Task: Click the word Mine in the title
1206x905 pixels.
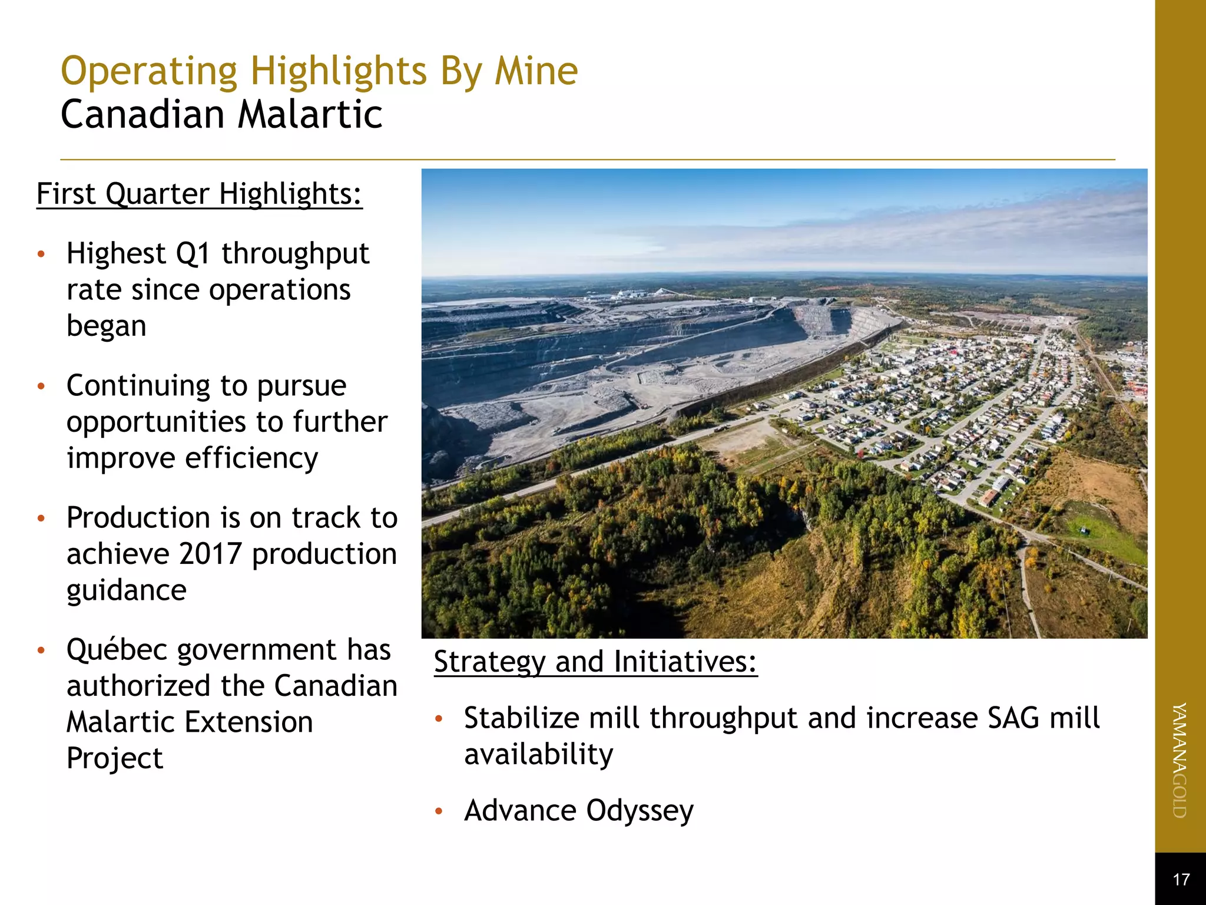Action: [x=536, y=71]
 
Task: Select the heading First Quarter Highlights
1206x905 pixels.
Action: [x=199, y=194]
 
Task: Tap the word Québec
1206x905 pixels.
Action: [x=117, y=650]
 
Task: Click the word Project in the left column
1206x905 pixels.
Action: [x=114, y=759]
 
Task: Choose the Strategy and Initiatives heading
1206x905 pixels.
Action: [x=595, y=662]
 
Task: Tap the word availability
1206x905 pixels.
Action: [x=538, y=755]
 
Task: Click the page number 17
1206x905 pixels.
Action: [x=1181, y=880]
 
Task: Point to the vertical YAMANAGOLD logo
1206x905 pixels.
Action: [x=1180, y=760]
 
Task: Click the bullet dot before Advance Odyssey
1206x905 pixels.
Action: [x=438, y=812]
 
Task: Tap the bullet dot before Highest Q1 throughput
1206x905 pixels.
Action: [x=41, y=255]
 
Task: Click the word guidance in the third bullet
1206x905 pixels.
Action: [x=127, y=590]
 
